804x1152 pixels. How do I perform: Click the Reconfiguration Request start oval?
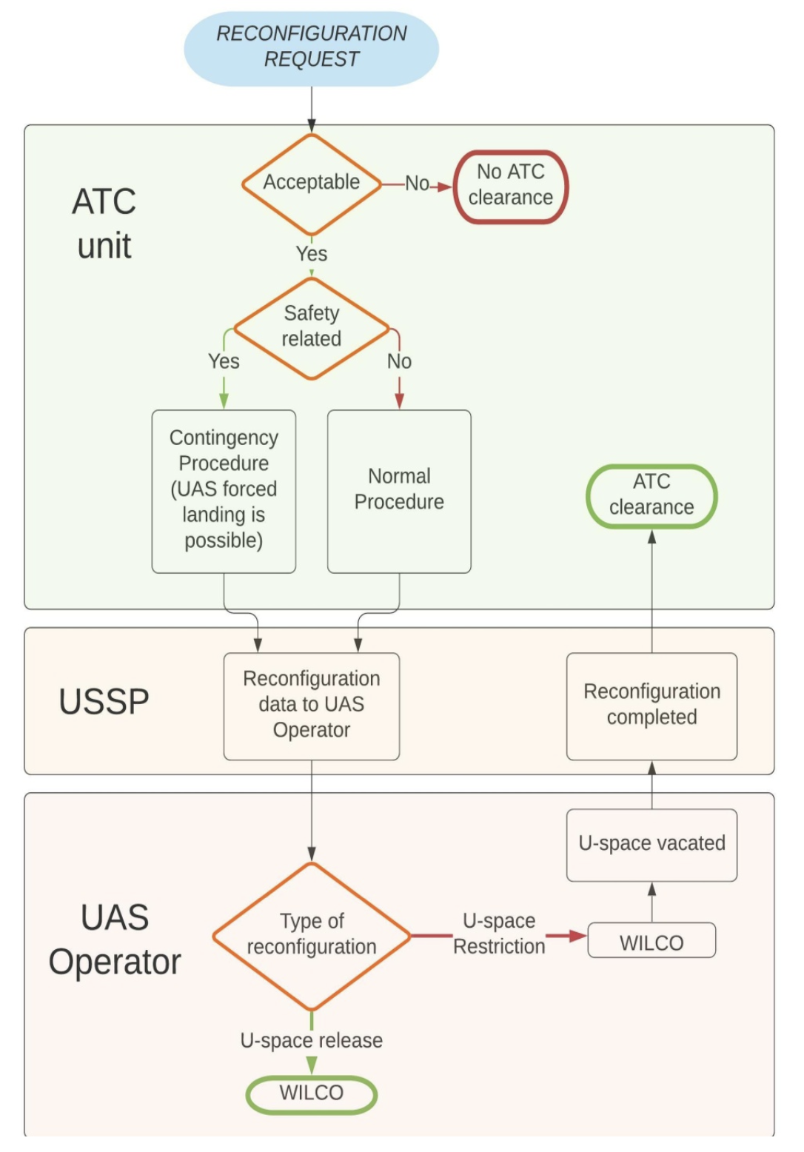coord(311,47)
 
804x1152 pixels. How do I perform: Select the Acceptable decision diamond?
coord(312,183)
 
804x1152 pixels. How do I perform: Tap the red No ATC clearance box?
coord(510,186)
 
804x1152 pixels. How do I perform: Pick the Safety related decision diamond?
coord(312,327)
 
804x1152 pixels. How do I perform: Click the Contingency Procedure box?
coord(224,490)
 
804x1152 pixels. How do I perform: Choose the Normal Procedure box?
coord(399,490)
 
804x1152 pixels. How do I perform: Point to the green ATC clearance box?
coord(651,495)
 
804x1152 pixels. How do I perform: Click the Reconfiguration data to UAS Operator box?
coord(312,705)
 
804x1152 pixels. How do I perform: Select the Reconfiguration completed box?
coord(651,705)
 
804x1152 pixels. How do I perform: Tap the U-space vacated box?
coord(651,844)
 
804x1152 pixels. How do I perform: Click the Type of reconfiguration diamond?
coord(312,935)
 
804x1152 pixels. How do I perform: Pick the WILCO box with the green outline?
coord(312,1094)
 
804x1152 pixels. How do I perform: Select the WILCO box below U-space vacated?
coord(651,942)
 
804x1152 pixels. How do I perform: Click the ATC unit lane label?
coord(104,224)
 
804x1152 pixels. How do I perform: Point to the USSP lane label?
coord(104,702)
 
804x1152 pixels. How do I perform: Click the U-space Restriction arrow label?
coord(499,934)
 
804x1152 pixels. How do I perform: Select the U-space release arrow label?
coord(312,1040)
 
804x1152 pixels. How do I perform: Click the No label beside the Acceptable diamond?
coord(417,184)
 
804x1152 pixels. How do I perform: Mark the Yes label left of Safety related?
coord(224,361)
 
